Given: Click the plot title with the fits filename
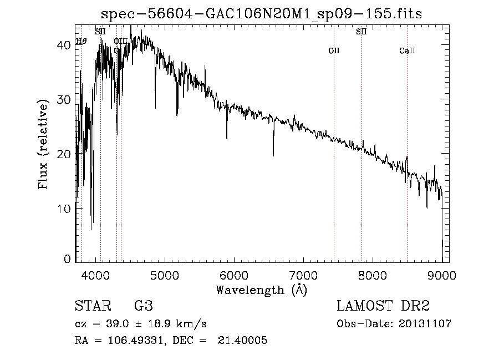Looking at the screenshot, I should pos(261,14).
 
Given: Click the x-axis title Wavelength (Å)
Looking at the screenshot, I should pos(261,290).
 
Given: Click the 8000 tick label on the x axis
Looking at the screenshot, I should pos(373,275).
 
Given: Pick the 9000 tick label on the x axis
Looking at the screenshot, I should pos(442,275).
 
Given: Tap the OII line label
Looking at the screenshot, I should pos(334,51).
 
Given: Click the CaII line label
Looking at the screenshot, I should pos(408,51).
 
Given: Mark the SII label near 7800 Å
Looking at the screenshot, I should pos(361,32).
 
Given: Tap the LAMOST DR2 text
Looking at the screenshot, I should pos(383,306).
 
